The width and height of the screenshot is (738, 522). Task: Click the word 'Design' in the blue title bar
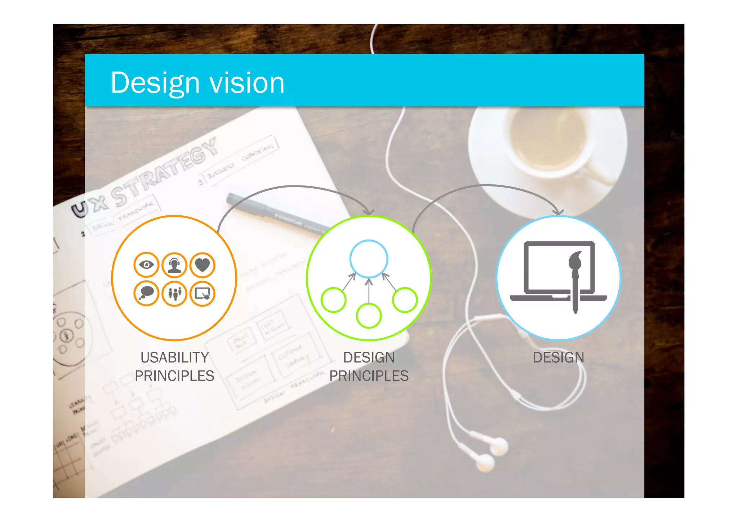click(155, 83)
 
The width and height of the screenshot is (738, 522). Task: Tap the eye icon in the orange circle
click(146, 265)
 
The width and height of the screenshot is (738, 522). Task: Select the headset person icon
click(174, 265)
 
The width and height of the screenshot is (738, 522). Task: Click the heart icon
click(203, 265)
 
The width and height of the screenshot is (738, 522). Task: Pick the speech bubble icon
click(146, 293)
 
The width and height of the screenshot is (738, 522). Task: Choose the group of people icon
click(174, 293)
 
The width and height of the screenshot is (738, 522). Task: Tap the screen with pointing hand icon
click(203, 293)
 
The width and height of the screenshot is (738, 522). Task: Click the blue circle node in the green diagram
click(369, 259)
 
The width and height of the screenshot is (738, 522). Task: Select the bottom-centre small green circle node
click(369, 316)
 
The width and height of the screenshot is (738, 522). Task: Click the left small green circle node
click(334, 300)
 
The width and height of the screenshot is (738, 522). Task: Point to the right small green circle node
click(405, 300)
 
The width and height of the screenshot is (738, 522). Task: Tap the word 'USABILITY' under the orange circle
click(174, 357)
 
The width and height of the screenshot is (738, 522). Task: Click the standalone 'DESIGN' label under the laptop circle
click(558, 357)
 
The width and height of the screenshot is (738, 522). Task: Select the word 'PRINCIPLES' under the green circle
click(369, 376)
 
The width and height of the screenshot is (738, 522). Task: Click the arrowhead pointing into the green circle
click(369, 212)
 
